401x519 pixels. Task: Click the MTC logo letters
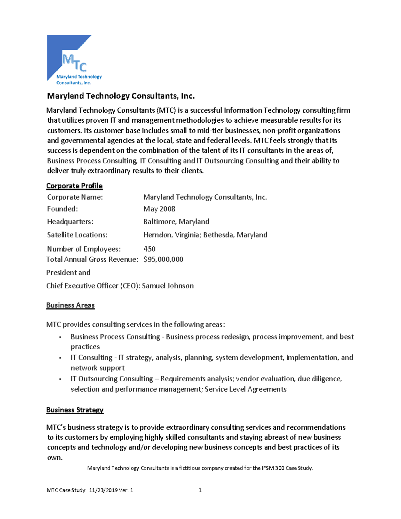pyautogui.click(x=75, y=63)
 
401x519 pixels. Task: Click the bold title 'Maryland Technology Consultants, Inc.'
pyautogui.click(x=121, y=96)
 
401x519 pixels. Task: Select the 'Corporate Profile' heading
pyautogui.click(x=74, y=186)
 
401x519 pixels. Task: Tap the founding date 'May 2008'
pyautogui.click(x=159, y=209)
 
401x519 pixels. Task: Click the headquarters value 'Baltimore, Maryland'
pyautogui.click(x=176, y=222)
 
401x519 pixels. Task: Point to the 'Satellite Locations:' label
pyautogui.click(x=77, y=235)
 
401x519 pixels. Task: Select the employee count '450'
pyautogui.click(x=149, y=249)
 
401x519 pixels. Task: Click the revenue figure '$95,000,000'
pyautogui.click(x=163, y=259)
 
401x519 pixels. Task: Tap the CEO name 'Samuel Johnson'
pyautogui.click(x=168, y=286)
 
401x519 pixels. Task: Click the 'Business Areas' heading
pyautogui.click(x=70, y=305)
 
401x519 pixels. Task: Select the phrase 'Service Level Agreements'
pyautogui.click(x=246, y=389)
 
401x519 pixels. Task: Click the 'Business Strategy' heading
pyautogui.click(x=75, y=410)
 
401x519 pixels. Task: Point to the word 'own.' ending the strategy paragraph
pyautogui.click(x=55, y=458)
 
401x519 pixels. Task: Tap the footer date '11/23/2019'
pyautogui.click(x=103, y=490)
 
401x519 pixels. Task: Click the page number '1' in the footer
pyautogui.click(x=200, y=490)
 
